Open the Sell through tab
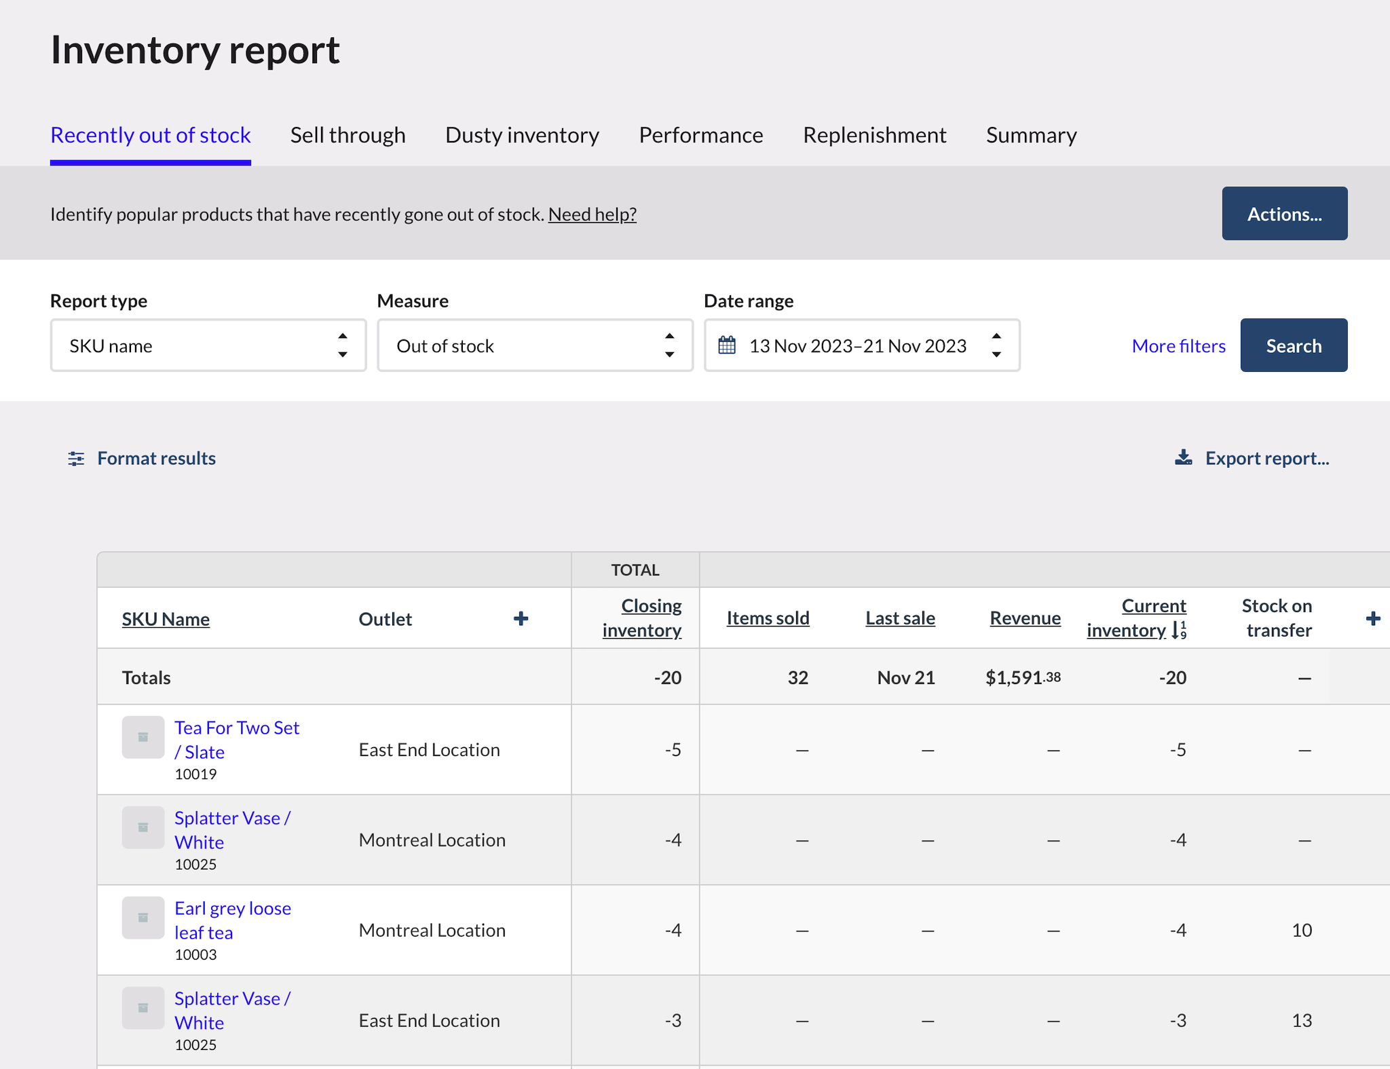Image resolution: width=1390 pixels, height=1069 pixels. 347,135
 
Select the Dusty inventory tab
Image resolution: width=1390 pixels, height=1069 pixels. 522,135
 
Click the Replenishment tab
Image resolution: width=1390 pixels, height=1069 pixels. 874,135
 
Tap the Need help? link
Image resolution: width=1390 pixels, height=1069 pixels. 592,214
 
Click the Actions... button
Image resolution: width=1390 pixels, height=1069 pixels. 1284,214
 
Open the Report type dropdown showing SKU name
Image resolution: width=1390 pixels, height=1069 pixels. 208,345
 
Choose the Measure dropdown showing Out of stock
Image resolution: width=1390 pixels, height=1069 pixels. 535,345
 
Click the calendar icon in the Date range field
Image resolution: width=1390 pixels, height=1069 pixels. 727,345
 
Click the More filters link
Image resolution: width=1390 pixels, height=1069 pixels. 1178,346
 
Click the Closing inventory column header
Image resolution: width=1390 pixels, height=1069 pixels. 642,618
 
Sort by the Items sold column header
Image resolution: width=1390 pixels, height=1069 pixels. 768,618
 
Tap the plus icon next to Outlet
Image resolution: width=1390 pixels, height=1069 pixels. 521,618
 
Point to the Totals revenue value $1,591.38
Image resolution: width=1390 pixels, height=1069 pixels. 1023,677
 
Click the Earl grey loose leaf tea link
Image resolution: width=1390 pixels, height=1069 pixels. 232,920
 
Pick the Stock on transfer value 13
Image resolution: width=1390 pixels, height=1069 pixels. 1301,1020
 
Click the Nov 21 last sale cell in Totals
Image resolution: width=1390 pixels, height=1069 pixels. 905,677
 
